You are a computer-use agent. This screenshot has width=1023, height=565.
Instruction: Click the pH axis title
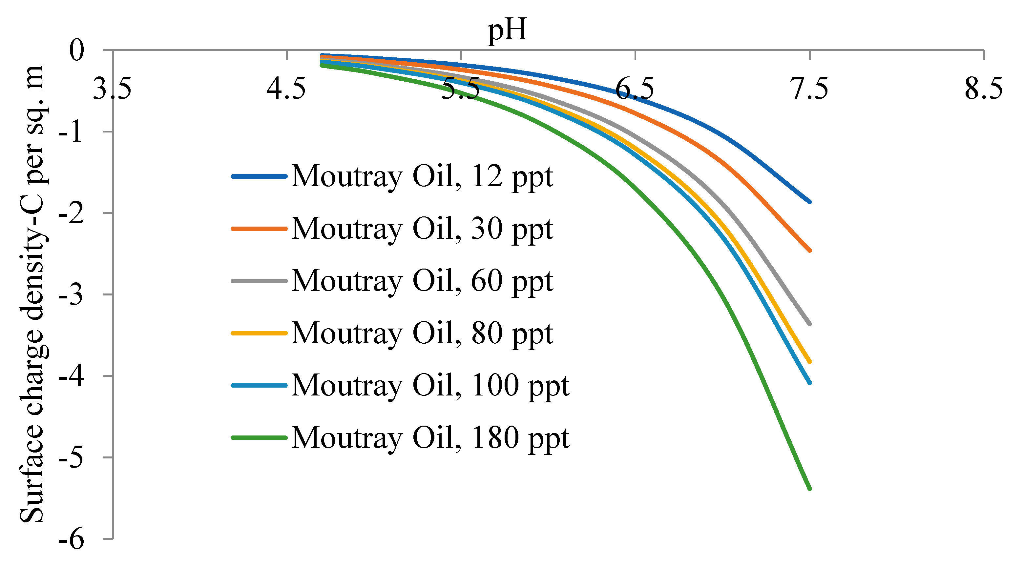coord(507,30)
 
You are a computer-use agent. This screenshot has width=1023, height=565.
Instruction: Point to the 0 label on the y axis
coord(77,50)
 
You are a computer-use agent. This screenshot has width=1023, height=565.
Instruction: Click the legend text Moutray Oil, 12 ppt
coord(422,176)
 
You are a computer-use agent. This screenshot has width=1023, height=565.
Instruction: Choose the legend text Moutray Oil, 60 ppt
coord(422,281)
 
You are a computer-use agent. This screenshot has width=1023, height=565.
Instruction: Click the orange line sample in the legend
coord(259,229)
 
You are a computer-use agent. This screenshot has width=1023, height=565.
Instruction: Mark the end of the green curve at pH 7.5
coord(810,488)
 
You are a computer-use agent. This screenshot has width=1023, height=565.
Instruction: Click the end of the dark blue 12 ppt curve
coord(810,202)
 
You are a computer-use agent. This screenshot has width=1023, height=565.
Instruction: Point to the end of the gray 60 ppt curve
coord(810,324)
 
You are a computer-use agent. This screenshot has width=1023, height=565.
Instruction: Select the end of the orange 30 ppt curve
coord(810,251)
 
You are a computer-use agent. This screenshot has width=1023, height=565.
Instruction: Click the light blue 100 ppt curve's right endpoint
coord(810,383)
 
